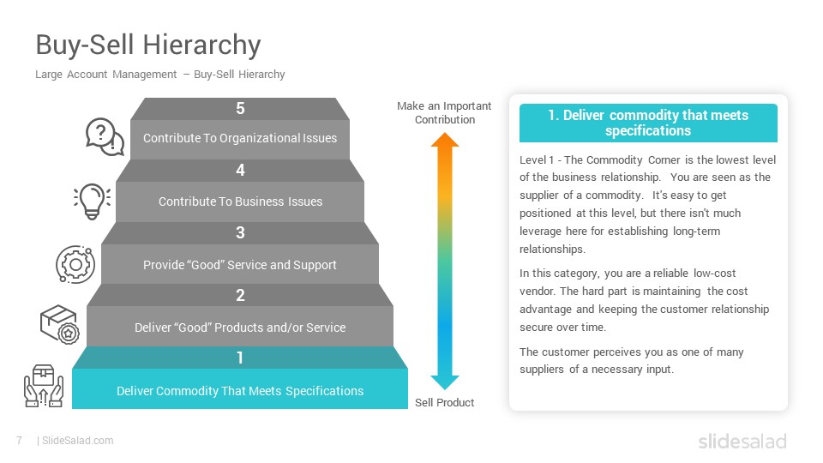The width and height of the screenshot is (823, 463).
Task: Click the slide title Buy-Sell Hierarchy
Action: pos(148,45)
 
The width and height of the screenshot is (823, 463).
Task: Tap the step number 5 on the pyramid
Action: pos(240,108)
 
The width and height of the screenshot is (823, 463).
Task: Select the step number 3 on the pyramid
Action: pos(240,232)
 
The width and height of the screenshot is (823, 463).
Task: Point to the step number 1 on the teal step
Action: pos(240,358)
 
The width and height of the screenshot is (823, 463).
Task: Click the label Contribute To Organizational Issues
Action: pos(240,138)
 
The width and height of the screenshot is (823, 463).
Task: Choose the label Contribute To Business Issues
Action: pos(240,201)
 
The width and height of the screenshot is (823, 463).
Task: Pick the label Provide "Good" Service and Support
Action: pos(240,265)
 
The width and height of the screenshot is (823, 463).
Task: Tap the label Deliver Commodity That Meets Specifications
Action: pos(240,391)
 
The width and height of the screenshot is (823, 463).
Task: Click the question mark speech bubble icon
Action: pos(105,137)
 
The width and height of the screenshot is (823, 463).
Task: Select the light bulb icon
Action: pos(93,201)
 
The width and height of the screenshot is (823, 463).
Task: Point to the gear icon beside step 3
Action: pos(75,264)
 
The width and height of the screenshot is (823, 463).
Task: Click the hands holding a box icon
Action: pos(44,386)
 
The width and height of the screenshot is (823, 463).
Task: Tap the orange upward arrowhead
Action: pos(445,140)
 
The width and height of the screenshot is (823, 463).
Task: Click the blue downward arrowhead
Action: pos(445,382)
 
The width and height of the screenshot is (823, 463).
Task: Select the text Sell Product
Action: pos(445,403)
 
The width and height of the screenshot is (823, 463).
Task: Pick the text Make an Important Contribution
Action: pos(444,113)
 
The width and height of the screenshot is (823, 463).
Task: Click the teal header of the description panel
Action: pos(648,123)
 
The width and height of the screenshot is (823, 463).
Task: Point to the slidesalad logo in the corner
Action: pos(742,441)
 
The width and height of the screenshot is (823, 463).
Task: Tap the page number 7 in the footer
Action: pos(20,441)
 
